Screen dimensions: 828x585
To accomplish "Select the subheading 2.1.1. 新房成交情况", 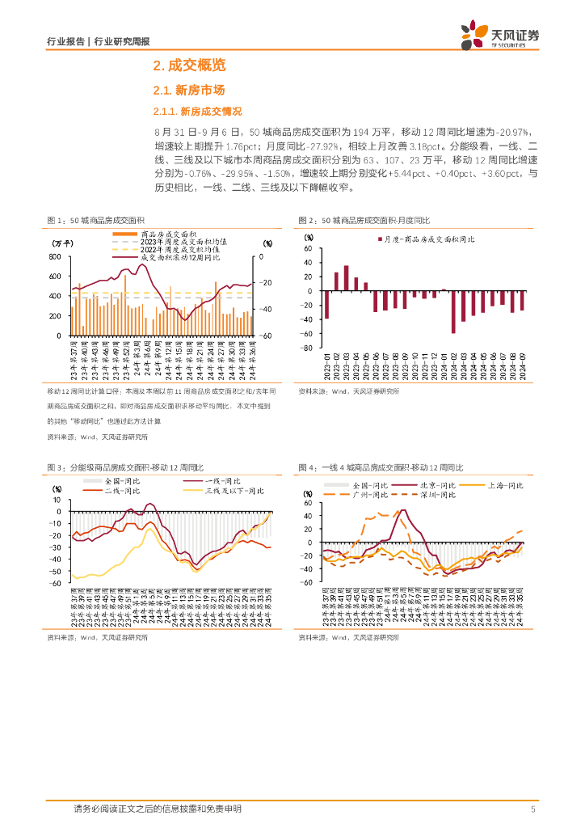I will click(x=197, y=111).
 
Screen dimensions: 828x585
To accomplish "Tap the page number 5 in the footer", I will click(x=533, y=809).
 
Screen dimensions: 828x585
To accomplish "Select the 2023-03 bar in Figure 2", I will click(x=347, y=278).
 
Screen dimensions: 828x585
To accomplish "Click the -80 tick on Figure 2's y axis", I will click(x=307, y=349).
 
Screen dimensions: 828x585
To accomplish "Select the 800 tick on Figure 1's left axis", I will click(x=56, y=257).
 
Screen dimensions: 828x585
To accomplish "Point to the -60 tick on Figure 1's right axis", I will click(x=267, y=336).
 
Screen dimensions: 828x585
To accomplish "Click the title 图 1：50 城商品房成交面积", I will click(x=96, y=221).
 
